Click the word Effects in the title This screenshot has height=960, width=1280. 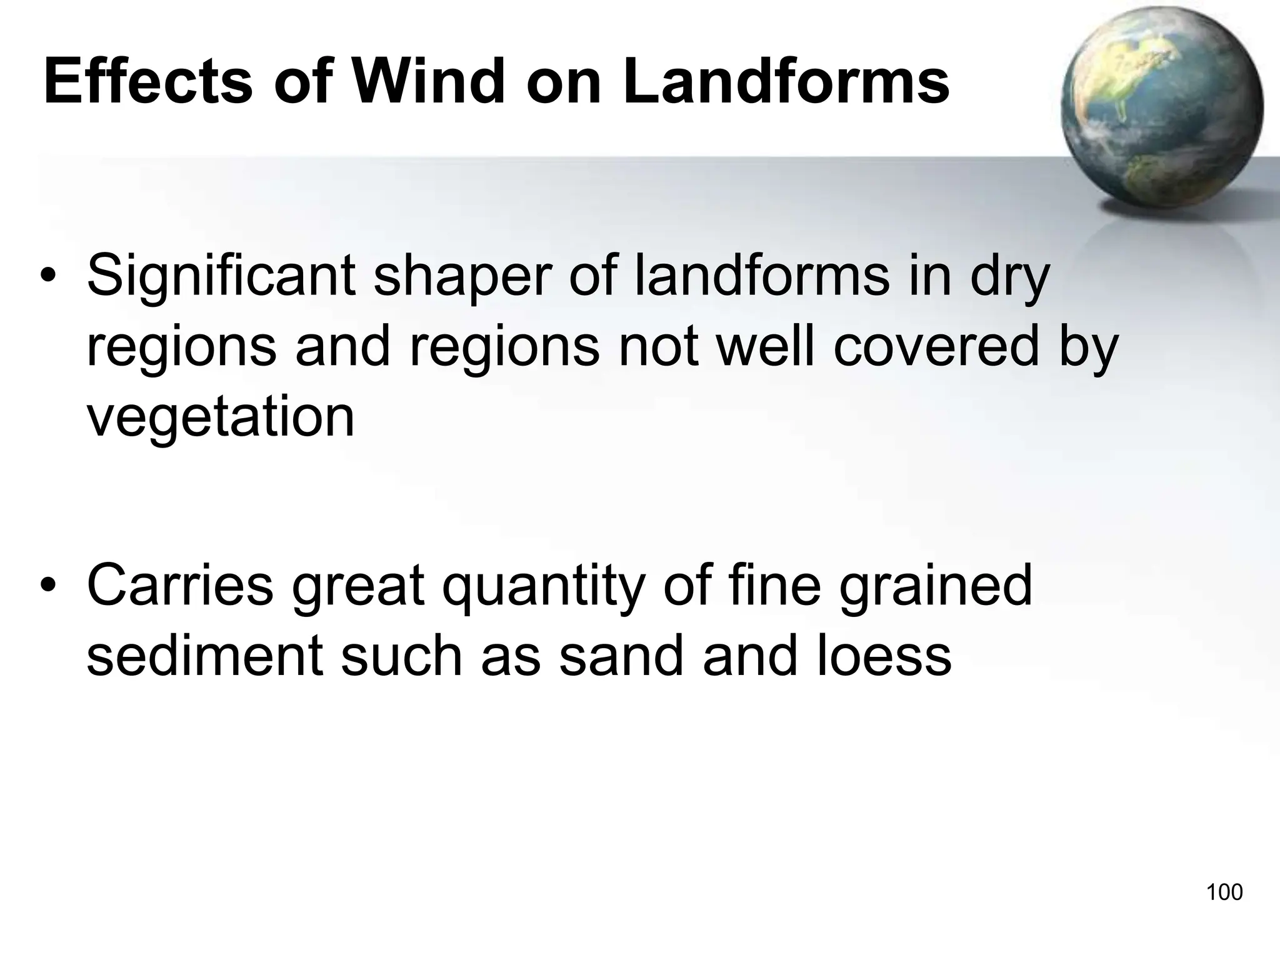148,82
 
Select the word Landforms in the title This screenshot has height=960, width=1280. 786,82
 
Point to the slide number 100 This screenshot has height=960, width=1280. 1224,892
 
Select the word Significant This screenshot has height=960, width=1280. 221,277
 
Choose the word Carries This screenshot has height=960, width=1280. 180,586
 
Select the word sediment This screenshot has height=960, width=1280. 204,656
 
